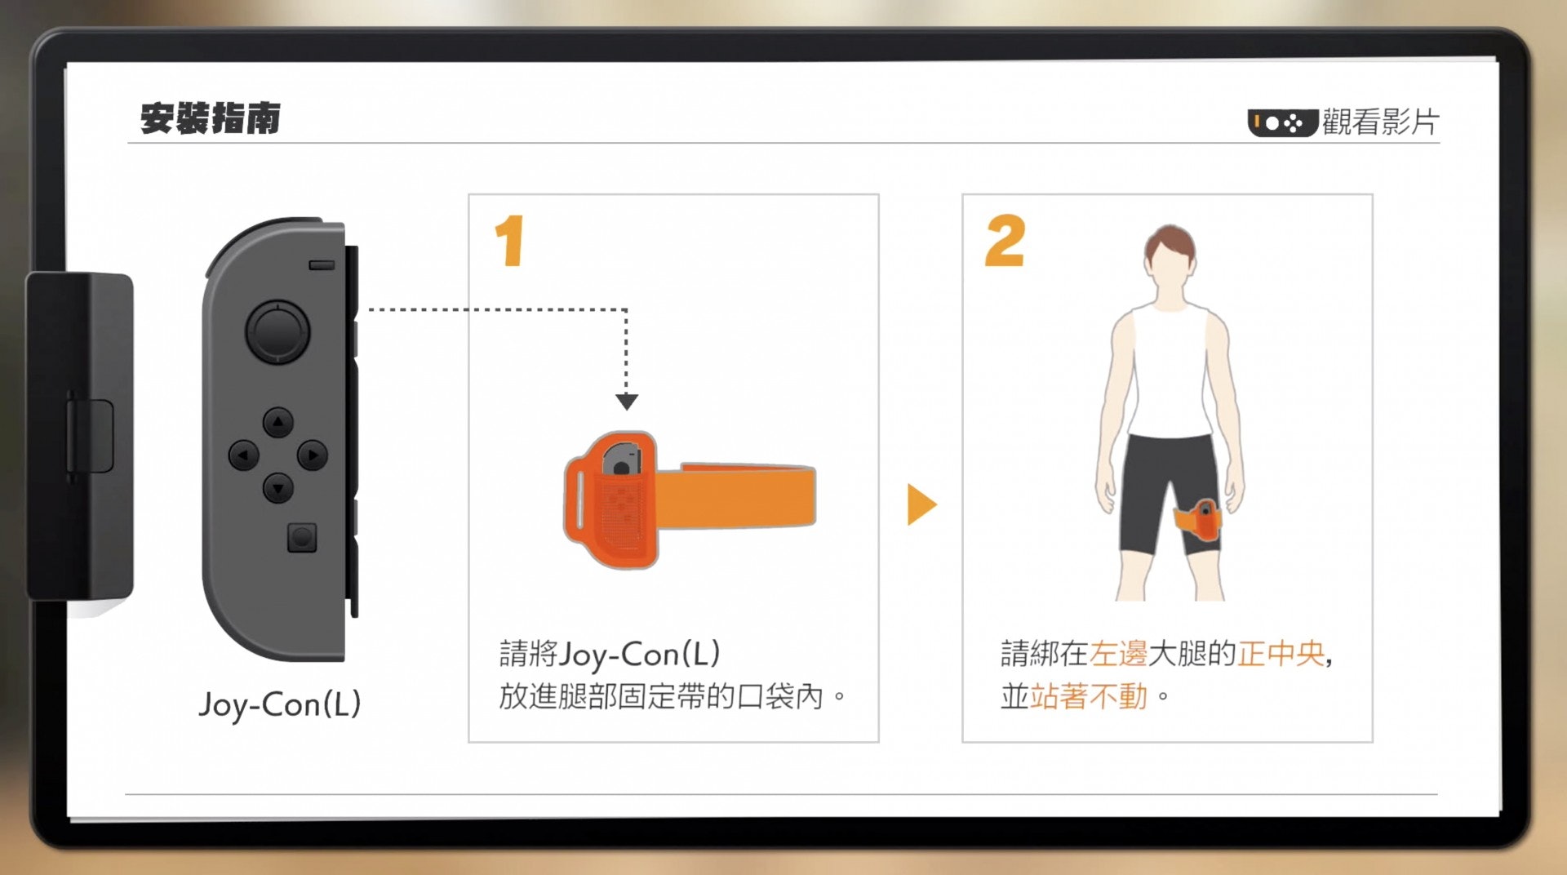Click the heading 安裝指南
tap(211, 118)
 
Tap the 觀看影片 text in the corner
tap(1381, 122)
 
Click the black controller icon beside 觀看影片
tap(1282, 123)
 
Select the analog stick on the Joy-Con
tap(277, 331)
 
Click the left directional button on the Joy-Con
tap(243, 455)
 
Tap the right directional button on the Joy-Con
tap(312, 455)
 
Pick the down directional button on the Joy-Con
tap(277, 488)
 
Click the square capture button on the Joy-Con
tap(302, 538)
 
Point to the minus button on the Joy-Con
tap(322, 265)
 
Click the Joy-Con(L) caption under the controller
tap(280, 704)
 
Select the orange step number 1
tap(509, 241)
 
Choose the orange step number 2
tap(1005, 241)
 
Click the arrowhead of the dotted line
tap(627, 402)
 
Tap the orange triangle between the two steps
tap(922, 504)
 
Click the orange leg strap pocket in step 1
tap(611, 500)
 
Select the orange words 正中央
tap(1281, 654)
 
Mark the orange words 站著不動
tap(1089, 696)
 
